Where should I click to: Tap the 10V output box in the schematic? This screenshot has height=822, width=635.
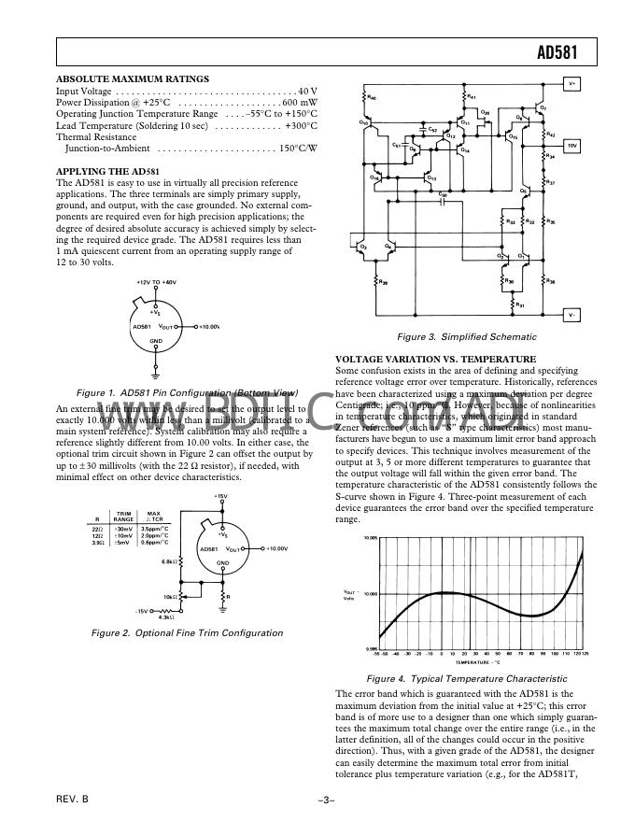coord(572,146)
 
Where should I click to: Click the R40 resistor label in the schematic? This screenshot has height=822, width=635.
coord(373,97)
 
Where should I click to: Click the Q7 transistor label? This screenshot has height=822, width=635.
coord(543,108)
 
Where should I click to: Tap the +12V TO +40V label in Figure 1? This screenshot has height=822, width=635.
coord(157,282)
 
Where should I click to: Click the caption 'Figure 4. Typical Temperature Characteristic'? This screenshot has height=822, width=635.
coord(467,679)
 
